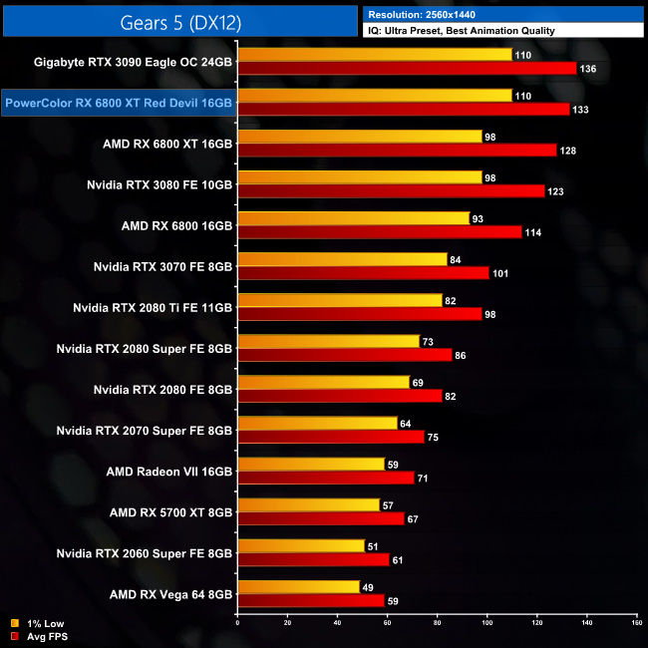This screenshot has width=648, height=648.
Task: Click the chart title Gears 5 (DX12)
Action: tap(179, 21)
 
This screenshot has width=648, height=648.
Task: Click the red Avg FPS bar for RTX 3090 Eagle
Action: tap(407, 68)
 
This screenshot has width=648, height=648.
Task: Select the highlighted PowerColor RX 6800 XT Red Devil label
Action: tap(119, 103)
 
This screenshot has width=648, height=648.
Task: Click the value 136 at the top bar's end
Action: tap(588, 68)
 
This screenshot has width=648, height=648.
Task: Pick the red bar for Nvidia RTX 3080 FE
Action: tap(391, 190)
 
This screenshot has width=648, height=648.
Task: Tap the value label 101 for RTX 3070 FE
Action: tap(501, 272)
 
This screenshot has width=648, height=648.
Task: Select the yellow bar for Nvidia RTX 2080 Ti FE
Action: tap(339, 300)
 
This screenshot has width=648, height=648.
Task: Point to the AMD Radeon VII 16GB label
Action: tap(169, 471)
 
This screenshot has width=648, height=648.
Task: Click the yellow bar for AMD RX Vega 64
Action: tap(298, 586)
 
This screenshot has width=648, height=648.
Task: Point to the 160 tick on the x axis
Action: tap(636, 623)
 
